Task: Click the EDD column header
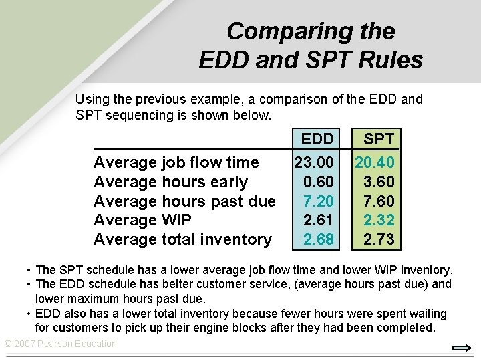pos(317,139)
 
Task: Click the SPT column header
pos(379,139)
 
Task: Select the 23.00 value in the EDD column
pos(314,162)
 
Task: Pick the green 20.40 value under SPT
pos(375,162)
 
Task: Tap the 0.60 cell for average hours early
pos(318,182)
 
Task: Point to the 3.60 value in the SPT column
pos(379,182)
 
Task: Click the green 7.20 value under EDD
pos(318,201)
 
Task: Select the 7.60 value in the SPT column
pos(379,201)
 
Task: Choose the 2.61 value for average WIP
pos(318,220)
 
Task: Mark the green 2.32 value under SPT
pos(379,220)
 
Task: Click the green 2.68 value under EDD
pos(318,239)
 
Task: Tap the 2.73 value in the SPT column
pos(379,239)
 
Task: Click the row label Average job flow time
pos(176,162)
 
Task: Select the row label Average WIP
pos(142,220)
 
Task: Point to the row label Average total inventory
pos(182,239)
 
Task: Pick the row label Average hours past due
pos(184,201)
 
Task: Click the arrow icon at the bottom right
pos(462,348)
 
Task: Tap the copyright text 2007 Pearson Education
pos(60,344)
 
